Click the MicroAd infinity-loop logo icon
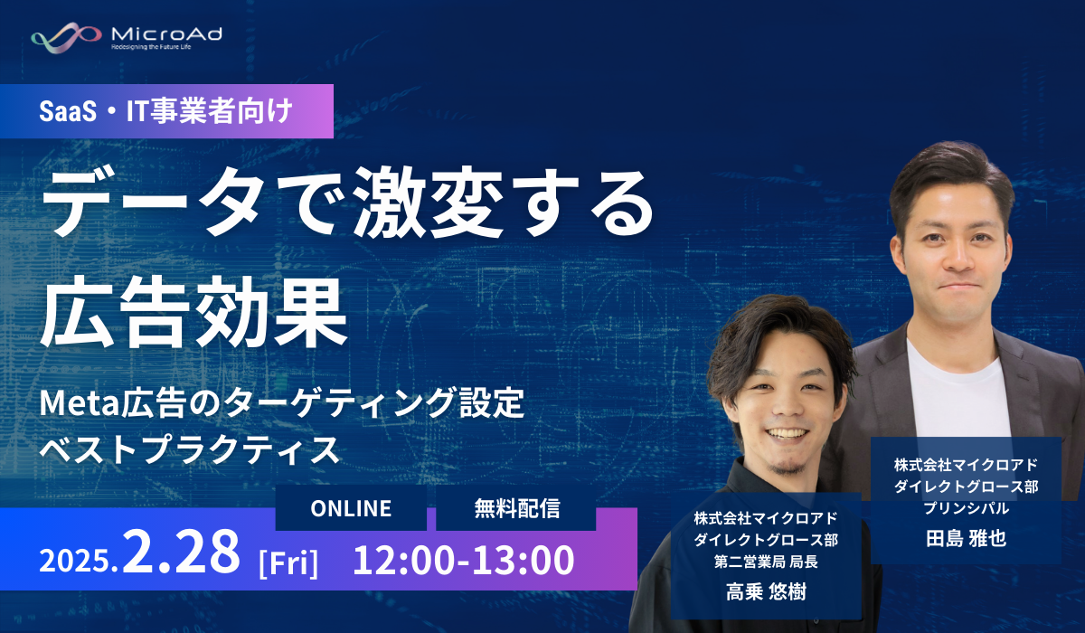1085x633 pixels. [66, 37]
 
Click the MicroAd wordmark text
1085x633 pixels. [166, 33]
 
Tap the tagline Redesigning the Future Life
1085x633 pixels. [151, 47]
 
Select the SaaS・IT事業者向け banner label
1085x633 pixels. [166, 111]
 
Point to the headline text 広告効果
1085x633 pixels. [193, 311]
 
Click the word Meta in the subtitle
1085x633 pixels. [80, 403]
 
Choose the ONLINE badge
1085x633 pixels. [351, 508]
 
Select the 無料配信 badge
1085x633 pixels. [516, 508]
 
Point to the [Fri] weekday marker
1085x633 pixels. [288, 562]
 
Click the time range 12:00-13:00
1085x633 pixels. [464, 560]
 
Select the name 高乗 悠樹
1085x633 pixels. [766, 591]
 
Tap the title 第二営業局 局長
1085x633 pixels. [766, 562]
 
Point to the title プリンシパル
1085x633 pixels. [966, 508]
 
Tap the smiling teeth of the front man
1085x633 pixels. [788, 432]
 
